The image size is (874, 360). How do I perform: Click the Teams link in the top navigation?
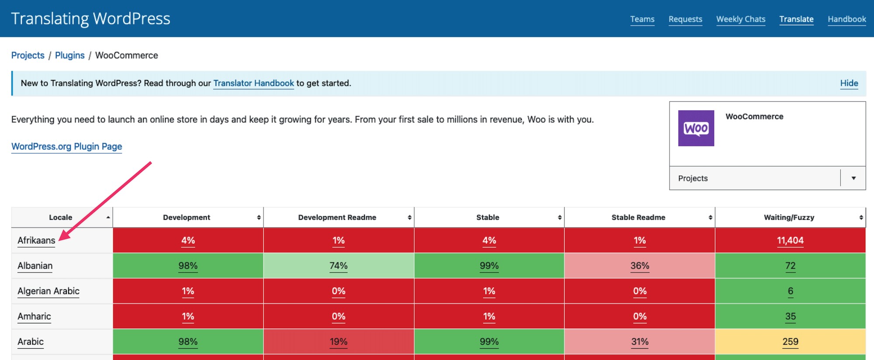[x=642, y=19]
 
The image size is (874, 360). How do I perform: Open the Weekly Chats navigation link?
[x=741, y=19]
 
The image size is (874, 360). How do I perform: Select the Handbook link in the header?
[x=846, y=19]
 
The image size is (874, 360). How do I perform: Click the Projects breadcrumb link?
[x=28, y=55]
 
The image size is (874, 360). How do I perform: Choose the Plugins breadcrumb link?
[x=70, y=55]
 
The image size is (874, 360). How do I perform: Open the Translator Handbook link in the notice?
[x=253, y=83]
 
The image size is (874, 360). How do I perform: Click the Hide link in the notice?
[x=849, y=83]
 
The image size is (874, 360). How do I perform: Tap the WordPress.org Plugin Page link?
[x=66, y=146]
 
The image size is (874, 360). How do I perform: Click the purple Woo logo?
[x=696, y=128]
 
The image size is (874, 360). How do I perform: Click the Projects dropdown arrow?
[x=853, y=178]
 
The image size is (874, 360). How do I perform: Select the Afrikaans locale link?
[x=36, y=240]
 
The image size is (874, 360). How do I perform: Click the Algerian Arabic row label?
[x=49, y=291]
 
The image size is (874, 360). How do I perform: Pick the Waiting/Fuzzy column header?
[x=789, y=218]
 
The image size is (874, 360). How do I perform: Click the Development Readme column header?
[x=337, y=218]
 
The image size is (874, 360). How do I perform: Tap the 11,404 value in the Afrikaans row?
[x=790, y=240]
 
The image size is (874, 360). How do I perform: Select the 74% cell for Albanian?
[x=339, y=266]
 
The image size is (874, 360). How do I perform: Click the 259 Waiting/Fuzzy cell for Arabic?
[x=790, y=342]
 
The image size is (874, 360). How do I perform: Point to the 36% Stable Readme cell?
[x=640, y=266]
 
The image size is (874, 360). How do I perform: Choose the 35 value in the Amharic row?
[x=790, y=316]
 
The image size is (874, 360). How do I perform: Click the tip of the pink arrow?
[x=59, y=240]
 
